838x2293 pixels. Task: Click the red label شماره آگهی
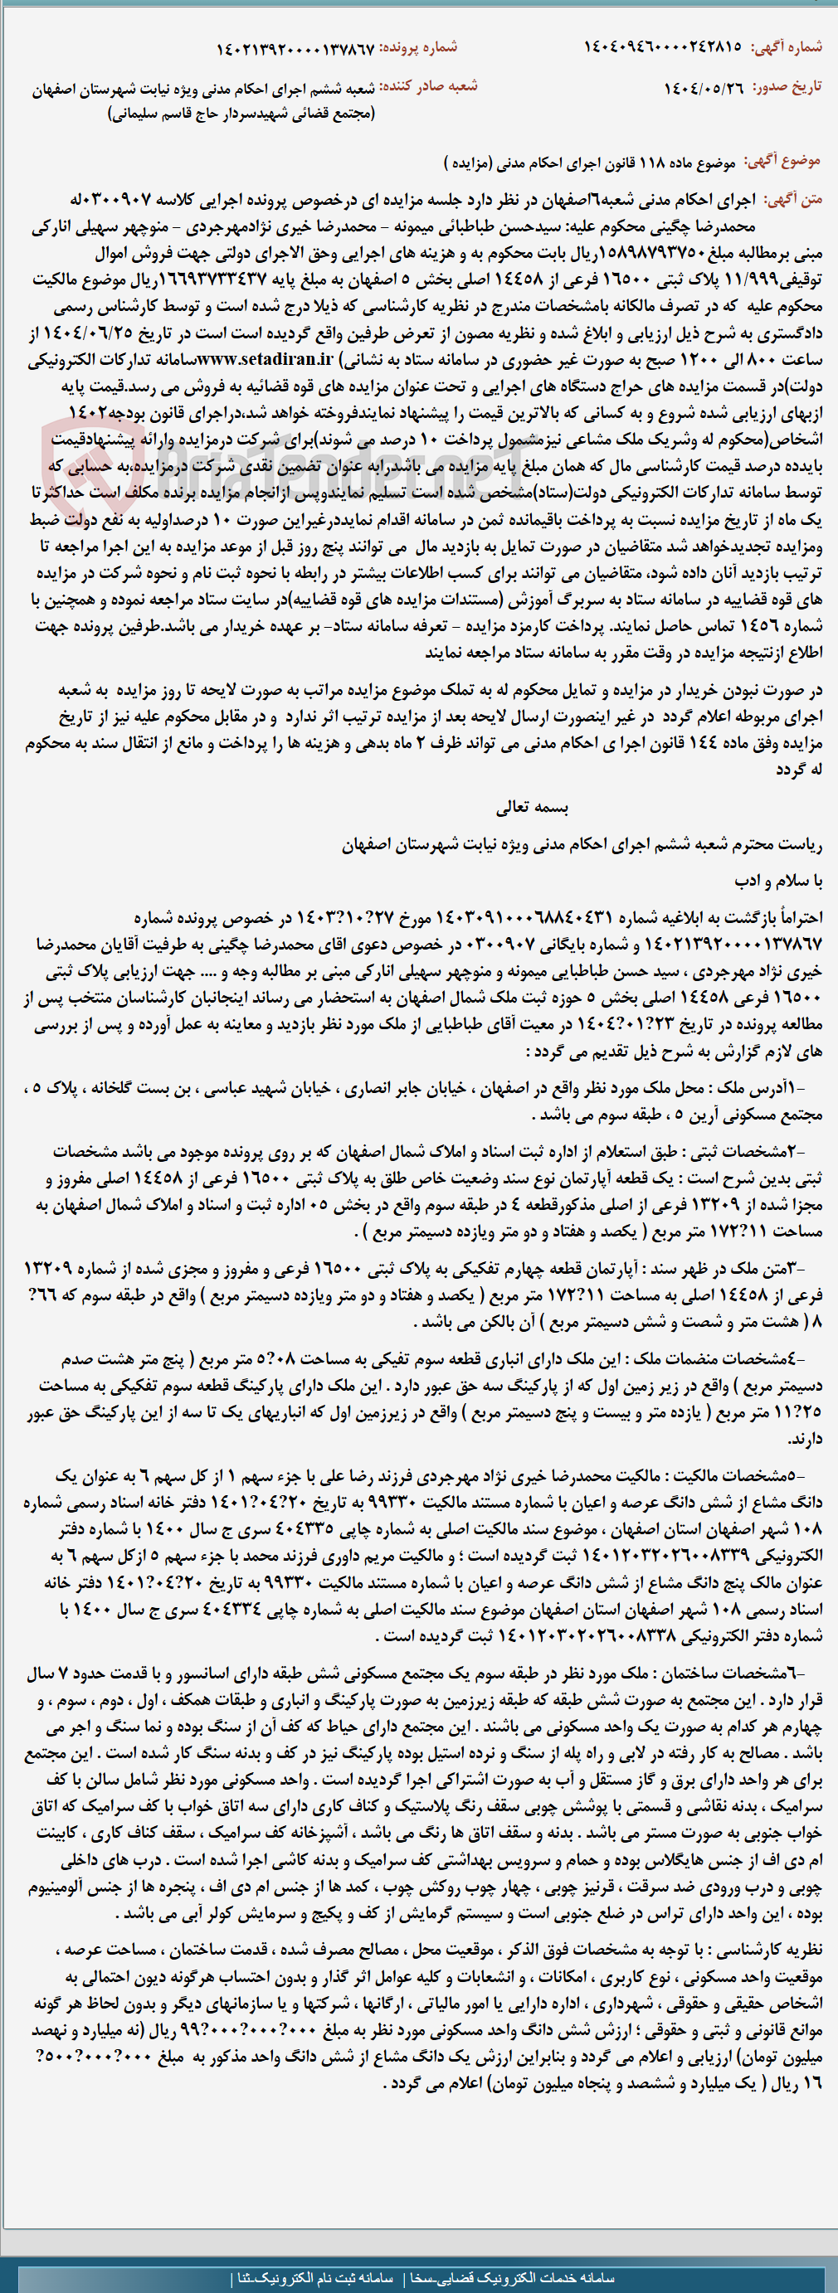(x=787, y=46)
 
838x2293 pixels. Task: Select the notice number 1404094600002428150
(x=663, y=46)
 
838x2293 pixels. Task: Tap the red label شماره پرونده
(x=420, y=47)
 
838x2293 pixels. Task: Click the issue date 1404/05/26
(x=704, y=88)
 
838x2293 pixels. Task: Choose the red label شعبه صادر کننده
(x=428, y=86)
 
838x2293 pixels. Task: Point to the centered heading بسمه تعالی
(x=532, y=808)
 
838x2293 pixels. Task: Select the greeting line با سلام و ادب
(x=778, y=881)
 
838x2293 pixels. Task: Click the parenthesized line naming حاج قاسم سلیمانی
(x=241, y=113)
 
